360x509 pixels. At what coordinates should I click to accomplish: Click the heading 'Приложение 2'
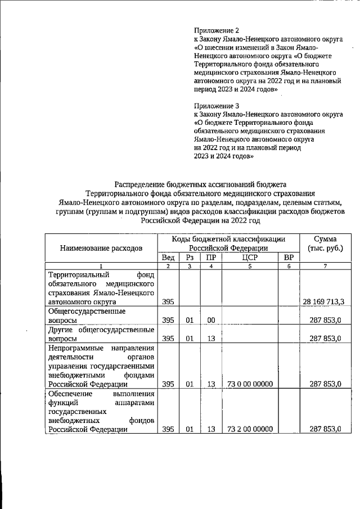click(217, 30)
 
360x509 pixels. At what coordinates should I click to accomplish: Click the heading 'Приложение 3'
click(217, 105)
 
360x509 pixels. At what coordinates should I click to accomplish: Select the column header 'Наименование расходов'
click(102, 247)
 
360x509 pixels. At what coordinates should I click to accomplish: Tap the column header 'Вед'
click(168, 257)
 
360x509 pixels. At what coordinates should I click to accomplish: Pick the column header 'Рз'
click(190, 257)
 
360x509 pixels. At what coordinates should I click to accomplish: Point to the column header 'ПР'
click(211, 257)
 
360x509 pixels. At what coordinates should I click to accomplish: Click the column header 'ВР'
click(289, 257)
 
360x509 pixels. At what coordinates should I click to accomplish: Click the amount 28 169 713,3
click(323, 302)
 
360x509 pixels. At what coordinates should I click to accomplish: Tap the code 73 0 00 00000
click(250, 384)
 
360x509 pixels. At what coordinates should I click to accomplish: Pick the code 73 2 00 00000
click(250, 429)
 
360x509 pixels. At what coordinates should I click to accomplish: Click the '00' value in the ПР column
click(211, 320)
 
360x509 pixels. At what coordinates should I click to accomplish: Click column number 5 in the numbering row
click(250, 266)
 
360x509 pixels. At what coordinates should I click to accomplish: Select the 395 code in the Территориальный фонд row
click(168, 302)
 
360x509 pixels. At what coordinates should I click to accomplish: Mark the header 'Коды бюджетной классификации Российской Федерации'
click(228, 243)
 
